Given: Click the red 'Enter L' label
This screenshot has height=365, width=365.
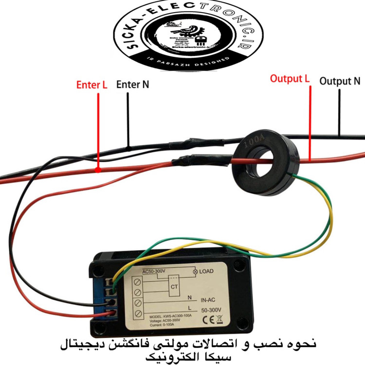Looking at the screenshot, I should (x=91, y=85).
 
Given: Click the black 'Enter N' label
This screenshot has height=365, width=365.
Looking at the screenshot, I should (x=132, y=84).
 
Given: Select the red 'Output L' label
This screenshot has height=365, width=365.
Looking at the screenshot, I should (x=290, y=78).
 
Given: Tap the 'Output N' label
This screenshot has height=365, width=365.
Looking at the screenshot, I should (x=340, y=81).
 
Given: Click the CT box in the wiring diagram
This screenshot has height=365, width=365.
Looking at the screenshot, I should (x=174, y=286).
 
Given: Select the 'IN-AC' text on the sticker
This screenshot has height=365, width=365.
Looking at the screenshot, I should (x=210, y=300).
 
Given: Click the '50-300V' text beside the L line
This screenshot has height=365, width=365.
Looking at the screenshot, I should (x=211, y=310).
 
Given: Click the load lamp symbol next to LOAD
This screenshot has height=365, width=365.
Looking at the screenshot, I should (x=196, y=271).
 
